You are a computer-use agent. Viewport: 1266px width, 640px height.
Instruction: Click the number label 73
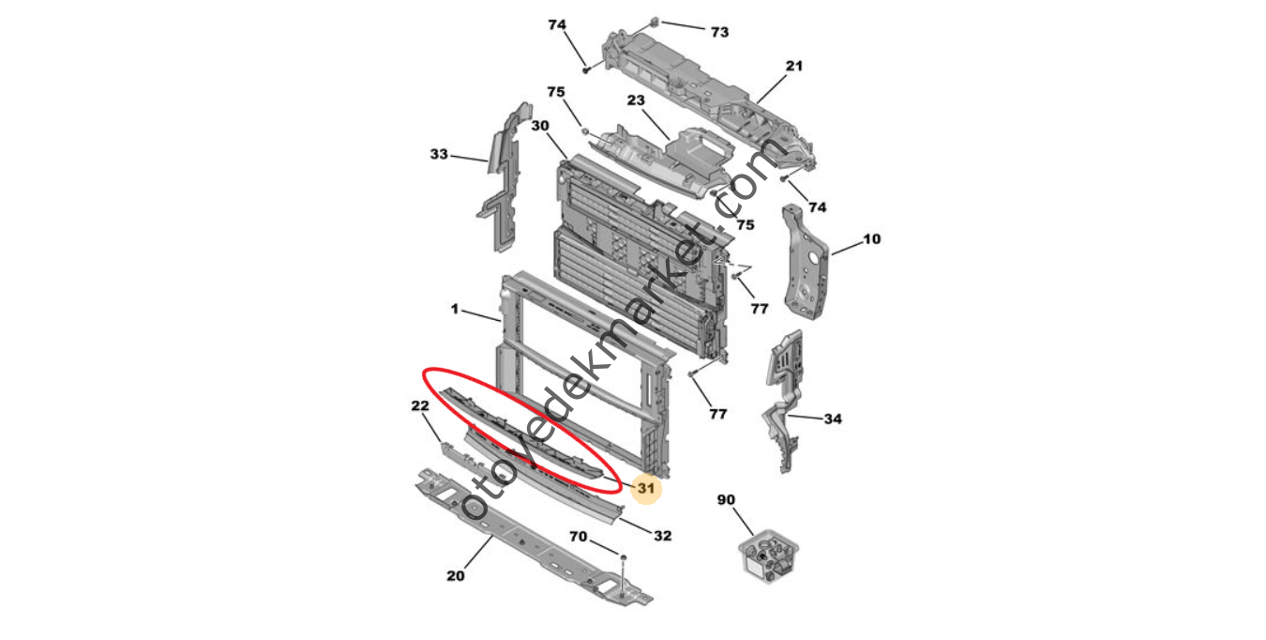click(719, 32)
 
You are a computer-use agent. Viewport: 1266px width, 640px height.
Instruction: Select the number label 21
click(794, 66)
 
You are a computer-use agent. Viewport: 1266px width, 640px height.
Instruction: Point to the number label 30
click(540, 125)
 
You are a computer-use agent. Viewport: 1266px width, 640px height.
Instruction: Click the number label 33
click(439, 154)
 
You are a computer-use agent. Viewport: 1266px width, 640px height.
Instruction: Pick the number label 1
click(455, 308)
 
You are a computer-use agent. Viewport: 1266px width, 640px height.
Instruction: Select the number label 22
click(419, 405)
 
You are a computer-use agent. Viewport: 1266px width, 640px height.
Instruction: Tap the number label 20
click(455, 575)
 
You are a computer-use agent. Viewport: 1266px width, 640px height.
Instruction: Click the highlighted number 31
click(645, 488)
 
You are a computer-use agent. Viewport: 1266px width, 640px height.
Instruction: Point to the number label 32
click(662, 536)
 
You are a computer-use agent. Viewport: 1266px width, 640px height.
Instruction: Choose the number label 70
click(579, 538)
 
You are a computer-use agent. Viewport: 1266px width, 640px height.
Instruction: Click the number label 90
click(726, 499)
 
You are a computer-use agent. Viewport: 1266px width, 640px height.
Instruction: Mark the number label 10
click(871, 239)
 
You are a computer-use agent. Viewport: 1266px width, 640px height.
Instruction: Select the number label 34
click(833, 419)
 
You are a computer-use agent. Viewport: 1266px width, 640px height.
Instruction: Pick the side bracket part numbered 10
click(805, 267)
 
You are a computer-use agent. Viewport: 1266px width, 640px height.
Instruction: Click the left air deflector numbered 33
click(501, 183)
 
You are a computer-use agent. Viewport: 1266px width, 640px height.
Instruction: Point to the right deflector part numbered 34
click(783, 394)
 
